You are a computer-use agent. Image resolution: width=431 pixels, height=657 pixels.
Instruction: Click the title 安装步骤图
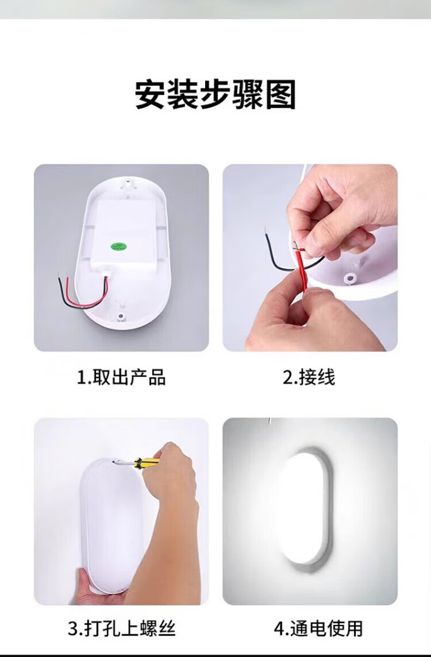(215, 95)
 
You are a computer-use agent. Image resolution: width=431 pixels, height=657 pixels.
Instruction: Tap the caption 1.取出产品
(121, 377)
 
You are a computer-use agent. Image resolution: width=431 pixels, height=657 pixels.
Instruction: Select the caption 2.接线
(309, 377)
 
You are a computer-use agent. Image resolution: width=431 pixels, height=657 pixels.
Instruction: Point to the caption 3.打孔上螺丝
(122, 628)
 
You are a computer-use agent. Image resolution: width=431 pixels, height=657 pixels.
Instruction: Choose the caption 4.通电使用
(318, 628)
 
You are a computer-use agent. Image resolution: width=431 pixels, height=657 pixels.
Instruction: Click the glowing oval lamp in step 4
(305, 509)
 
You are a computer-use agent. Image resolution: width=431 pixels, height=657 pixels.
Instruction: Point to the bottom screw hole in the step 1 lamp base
(121, 315)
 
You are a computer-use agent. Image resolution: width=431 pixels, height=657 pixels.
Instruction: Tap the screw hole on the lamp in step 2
(348, 278)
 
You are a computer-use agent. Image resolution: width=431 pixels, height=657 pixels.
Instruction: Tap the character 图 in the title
(281, 95)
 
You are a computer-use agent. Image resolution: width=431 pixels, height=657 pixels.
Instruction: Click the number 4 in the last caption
(278, 629)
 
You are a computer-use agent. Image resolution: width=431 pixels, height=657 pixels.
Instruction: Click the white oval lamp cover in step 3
(110, 524)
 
